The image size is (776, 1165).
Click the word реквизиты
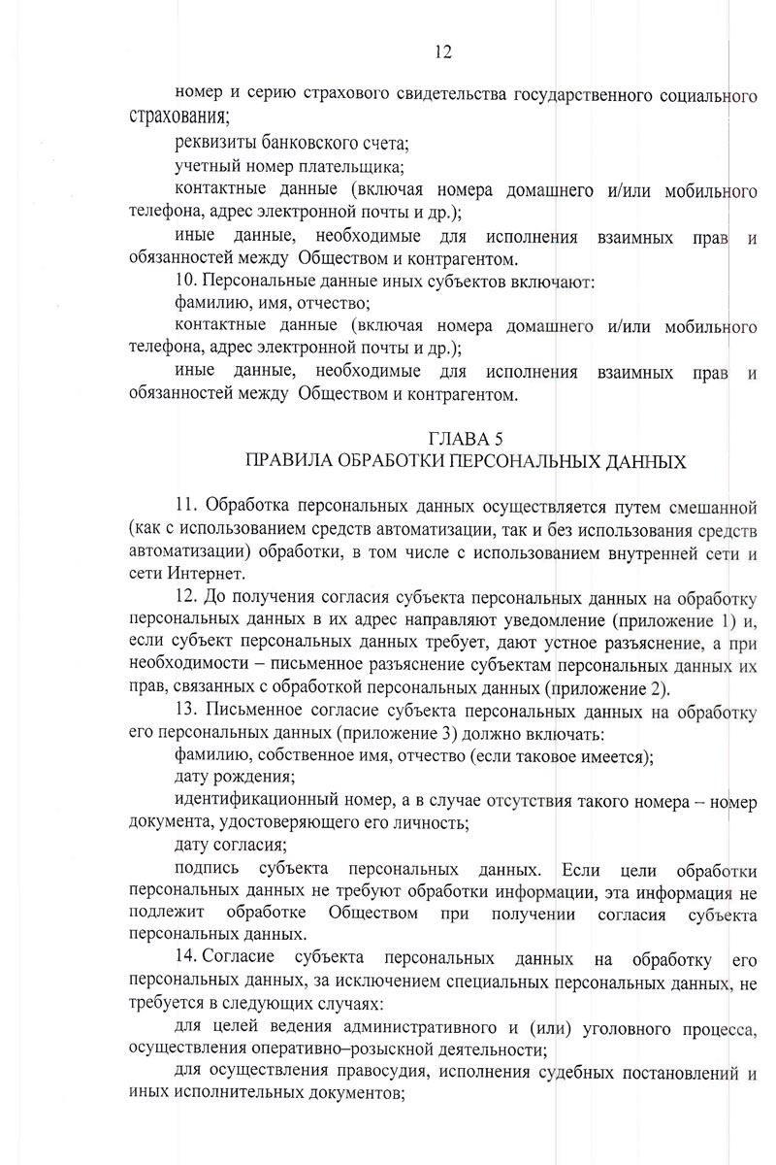pos(212,145)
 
